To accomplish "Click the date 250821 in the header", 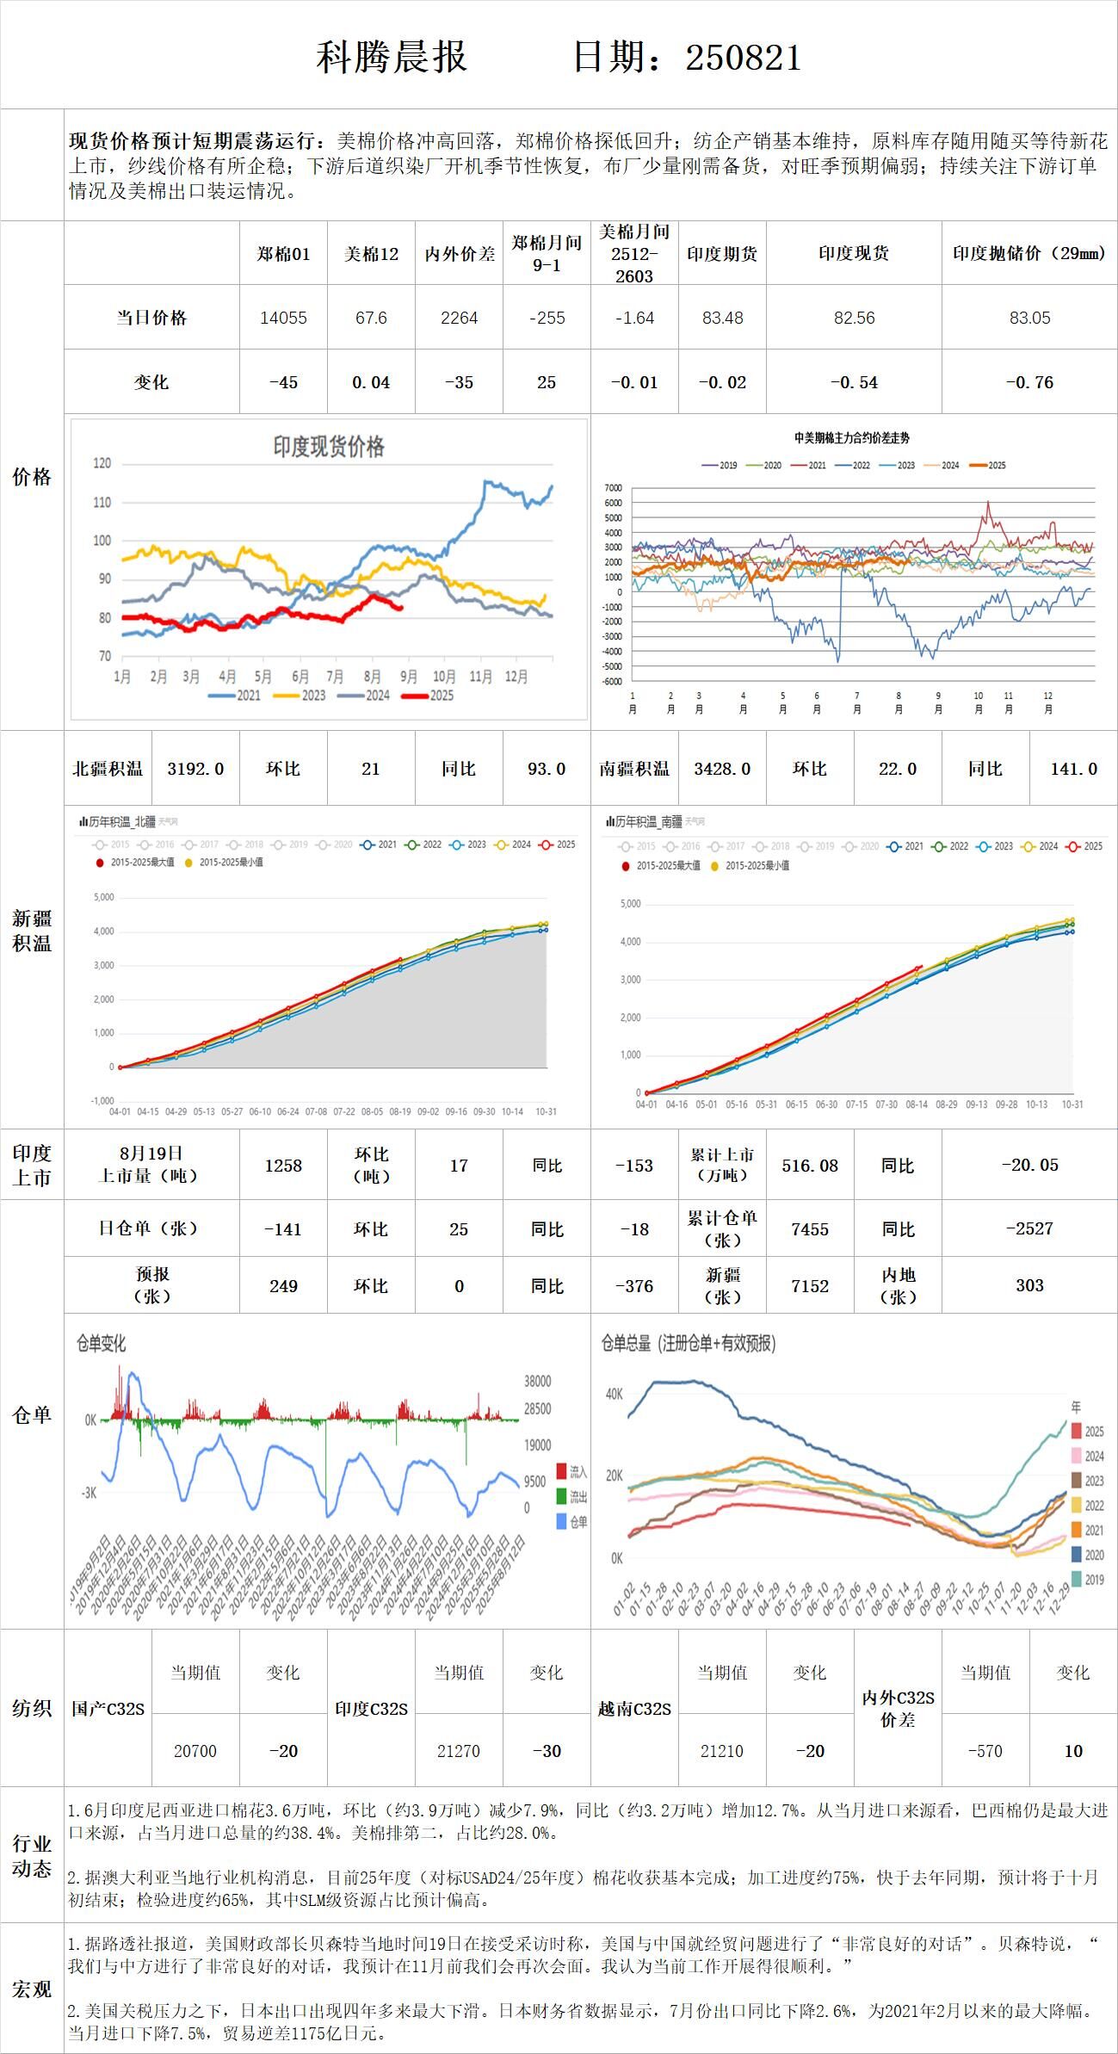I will (x=744, y=59).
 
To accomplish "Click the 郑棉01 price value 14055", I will (x=283, y=318).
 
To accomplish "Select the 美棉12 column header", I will (x=371, y=254).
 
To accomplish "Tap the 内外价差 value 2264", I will (x=459, y=318).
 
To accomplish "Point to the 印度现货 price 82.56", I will (x=854, y=318).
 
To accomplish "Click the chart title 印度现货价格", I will (x=329, y=446).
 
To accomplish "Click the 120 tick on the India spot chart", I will (x=102, y=464).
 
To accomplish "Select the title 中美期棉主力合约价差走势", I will (x=852, y=438).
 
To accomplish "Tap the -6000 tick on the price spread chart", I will (x=612, y=682).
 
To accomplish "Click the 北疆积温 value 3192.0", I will (x=195, y=769).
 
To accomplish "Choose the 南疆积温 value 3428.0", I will (x=722, y=769).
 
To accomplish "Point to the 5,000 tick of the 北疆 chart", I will (x=103, y=897).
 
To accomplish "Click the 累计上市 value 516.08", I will (x=810, y=1166).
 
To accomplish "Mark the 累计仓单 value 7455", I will (x=810, y=1229).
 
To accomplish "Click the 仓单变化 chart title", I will (x=102, y=1343).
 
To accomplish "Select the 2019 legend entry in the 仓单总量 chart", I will (x=1088, y=1580).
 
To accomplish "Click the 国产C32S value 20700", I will (x=195, y=1751).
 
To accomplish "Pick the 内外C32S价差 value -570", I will (x=985, y=1751).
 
